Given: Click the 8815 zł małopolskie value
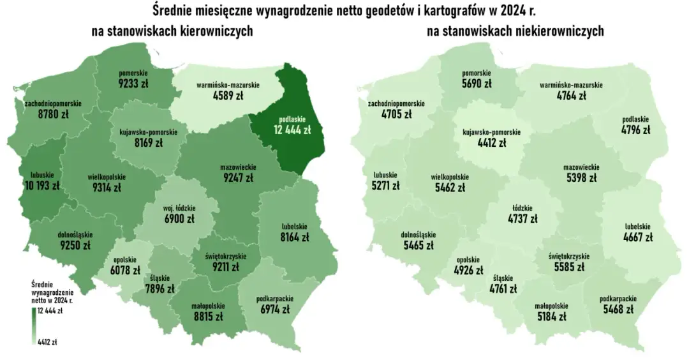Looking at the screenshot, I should coord(207,315).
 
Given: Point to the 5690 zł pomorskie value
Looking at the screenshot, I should coord(477,84).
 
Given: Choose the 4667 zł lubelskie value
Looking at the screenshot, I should coord(637,237).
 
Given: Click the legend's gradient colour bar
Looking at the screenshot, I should coord(33,325).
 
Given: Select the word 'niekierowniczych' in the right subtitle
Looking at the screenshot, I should coord(559,32).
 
